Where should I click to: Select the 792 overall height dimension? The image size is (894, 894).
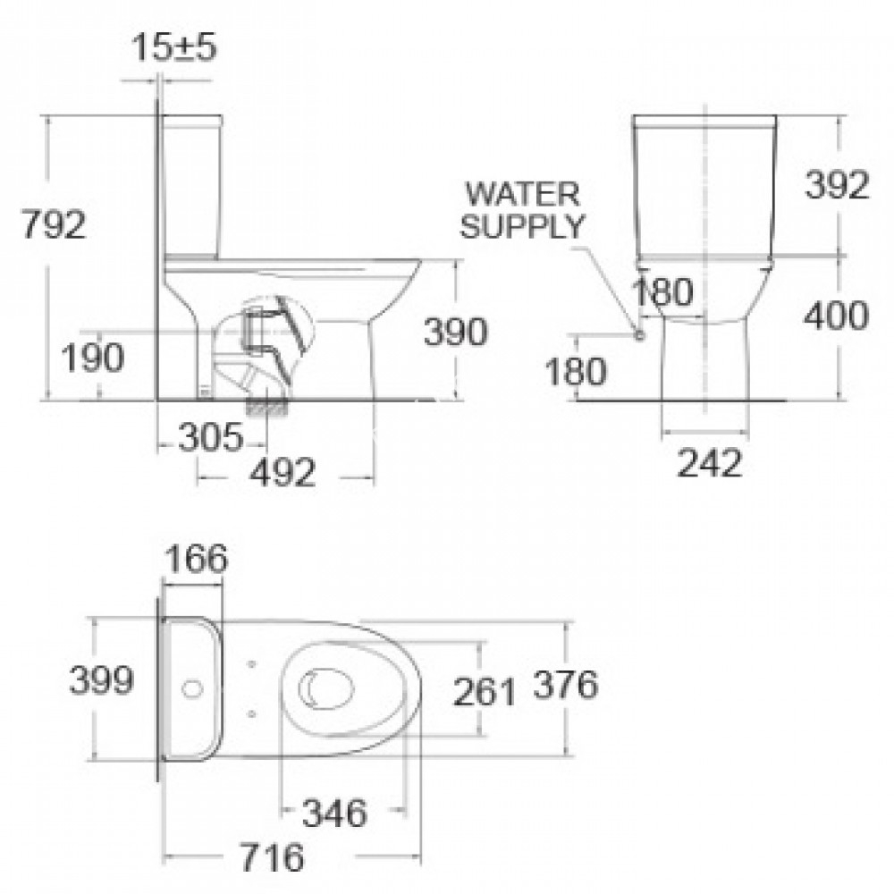[55, 224]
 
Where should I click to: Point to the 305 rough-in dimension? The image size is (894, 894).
[209, 437]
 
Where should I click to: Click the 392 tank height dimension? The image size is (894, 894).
[836, 186]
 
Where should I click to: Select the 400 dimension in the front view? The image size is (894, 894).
[836, 314]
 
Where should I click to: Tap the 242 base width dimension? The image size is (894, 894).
[710, 462]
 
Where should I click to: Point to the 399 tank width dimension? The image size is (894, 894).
[102, 682]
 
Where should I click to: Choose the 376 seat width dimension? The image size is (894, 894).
[565, 686]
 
